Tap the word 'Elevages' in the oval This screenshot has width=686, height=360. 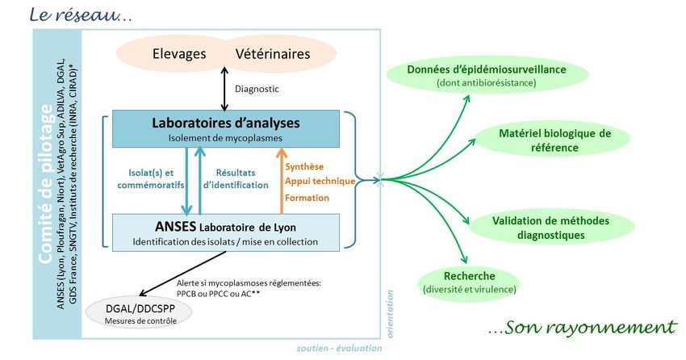click(x=178, y=55)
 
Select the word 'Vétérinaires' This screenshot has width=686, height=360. click(x=273, y=55)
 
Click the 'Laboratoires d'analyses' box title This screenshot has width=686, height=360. click(x=226, y=123)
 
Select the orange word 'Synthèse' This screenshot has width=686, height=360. click(x=305, y=166)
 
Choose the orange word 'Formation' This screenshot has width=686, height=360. click(x=307, y=197)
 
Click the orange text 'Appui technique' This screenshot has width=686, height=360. click(x=320, y=182)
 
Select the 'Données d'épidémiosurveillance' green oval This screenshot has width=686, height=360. click(x=486, y=75)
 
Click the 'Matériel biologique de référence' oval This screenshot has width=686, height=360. click(x=554, y=140)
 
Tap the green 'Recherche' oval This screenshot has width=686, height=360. click(x=469, y=280)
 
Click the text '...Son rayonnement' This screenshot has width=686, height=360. click(x=581, y=328)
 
